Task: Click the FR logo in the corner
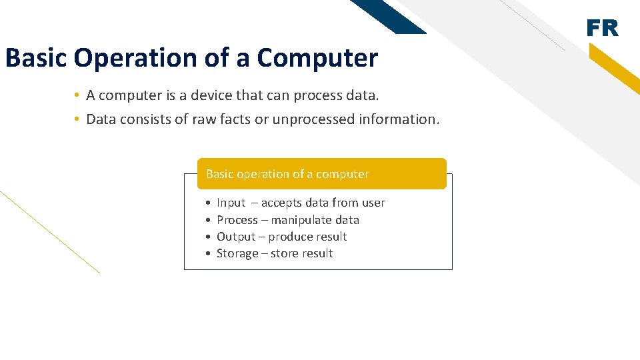(x=602, y=28)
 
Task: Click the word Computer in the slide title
(x=317, y=58)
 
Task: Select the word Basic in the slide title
(x=36, y=58)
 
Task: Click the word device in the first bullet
(x=203, y=95)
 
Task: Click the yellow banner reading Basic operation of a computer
(x=321, y=174)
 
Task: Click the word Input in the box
(x=231, y=203)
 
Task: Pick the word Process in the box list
(x=237, y=220)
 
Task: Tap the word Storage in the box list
(x=237, y=253)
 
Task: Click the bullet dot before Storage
(x=209, y=254)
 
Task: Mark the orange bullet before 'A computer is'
(x=77, y=95)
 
